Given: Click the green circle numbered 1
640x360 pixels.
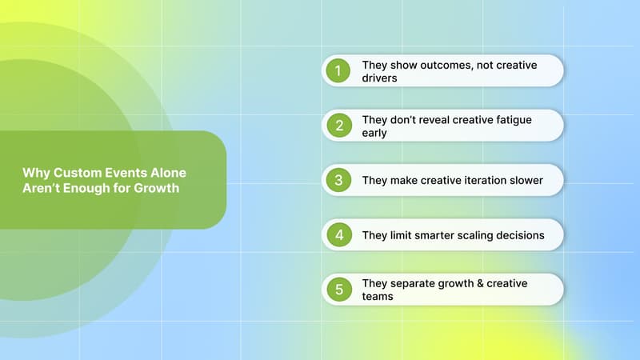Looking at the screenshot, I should coord(338,71).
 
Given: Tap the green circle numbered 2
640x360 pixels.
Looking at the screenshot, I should coord(338,126).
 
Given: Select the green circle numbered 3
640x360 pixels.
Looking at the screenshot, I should coord(338,180).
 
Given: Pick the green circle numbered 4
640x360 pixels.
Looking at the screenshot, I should coord(338,234).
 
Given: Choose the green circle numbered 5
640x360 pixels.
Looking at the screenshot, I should coord(338,289).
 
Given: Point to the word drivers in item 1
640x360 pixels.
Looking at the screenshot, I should coord(380,78).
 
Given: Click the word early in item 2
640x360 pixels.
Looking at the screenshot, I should coord(374,133).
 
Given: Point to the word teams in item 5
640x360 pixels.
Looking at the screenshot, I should coord(377,297).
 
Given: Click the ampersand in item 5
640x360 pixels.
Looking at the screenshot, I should coord(487,282).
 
